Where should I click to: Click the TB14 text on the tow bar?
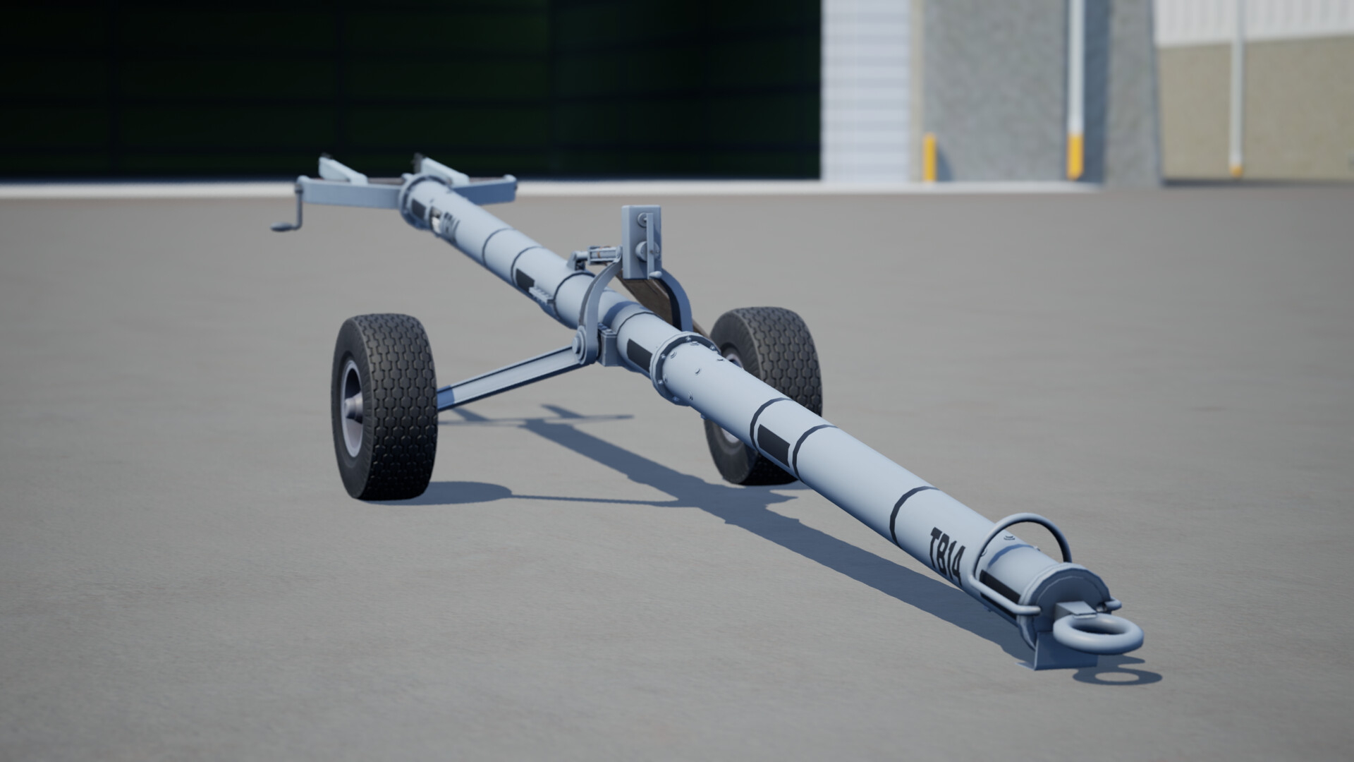click(946, 556)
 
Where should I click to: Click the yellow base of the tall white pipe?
click(1074, 158)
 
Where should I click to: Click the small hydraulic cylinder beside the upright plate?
click(597, 255)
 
